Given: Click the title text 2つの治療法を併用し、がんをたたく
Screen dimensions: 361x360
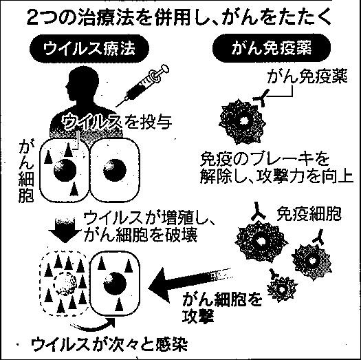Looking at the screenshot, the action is point(179,18).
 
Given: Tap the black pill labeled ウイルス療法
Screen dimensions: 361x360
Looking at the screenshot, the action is point(89,49).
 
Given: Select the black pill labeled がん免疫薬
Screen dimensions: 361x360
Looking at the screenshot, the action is point(272,48).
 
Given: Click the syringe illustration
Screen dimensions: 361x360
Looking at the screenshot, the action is point(142,86).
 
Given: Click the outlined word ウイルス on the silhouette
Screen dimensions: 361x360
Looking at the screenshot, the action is point(92,121).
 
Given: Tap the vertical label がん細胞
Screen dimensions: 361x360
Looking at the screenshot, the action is point(26,171).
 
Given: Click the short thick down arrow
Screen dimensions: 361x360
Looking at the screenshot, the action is point(65,231).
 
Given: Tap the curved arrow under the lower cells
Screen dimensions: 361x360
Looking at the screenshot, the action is point(93,324).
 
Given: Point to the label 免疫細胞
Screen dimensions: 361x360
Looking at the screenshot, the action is point(309,214).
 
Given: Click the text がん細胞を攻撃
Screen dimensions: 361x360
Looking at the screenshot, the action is point(222,308).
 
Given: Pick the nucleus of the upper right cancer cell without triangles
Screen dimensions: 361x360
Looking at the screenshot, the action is point(115,170).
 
